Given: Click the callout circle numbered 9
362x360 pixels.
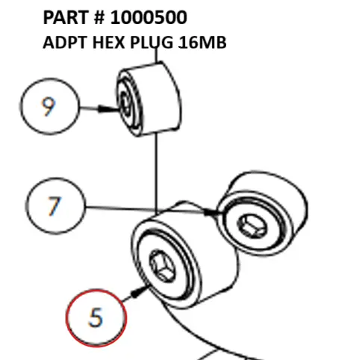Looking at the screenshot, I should (x=49, y=108).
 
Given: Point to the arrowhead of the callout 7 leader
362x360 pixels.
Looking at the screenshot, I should (x=219, y=213).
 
